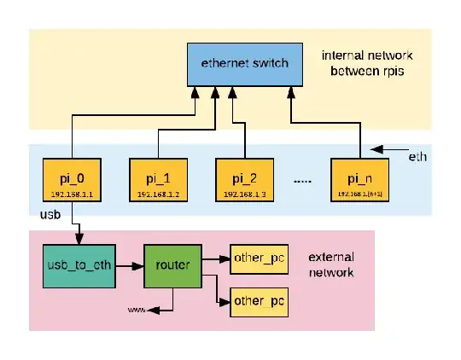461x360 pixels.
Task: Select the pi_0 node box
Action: tap(73, 180)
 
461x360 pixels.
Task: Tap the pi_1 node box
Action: tap(159, 180)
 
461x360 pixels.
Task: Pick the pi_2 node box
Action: tap(245, 180)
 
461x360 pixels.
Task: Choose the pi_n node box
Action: tap(359, 180)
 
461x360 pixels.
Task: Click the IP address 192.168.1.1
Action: tap(73, 195)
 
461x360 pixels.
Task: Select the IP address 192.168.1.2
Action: tap(159, 195)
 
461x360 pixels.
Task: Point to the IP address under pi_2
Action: tap(245, 195)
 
